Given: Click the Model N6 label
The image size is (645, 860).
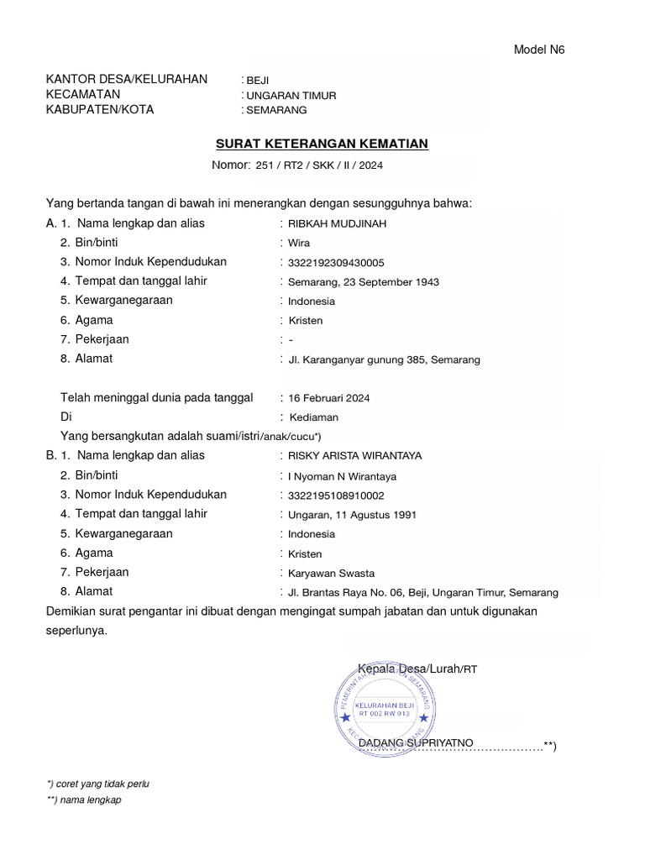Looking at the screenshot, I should (x=539, y=50).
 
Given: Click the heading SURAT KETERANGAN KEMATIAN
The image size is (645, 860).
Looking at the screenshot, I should (x=322, y=144).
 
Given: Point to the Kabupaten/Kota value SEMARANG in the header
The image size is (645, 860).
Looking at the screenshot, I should (x=276, y=110).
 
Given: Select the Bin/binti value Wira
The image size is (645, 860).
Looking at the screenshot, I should (x=299, y=243).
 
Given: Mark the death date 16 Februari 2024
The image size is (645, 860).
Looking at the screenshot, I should (x=329, y=398).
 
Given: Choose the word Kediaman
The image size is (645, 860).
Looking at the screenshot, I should (x=314, y=417).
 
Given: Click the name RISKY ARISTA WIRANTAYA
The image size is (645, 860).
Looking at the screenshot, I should (x=354, y=456).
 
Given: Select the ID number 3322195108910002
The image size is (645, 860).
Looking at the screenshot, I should (x=336, y=496).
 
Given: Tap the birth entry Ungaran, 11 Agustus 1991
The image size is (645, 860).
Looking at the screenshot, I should (x=352, y=515).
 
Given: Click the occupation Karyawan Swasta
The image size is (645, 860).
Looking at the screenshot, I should (x=331, y=574).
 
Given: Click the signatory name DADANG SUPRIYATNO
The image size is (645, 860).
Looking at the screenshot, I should (x=416, y=743).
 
